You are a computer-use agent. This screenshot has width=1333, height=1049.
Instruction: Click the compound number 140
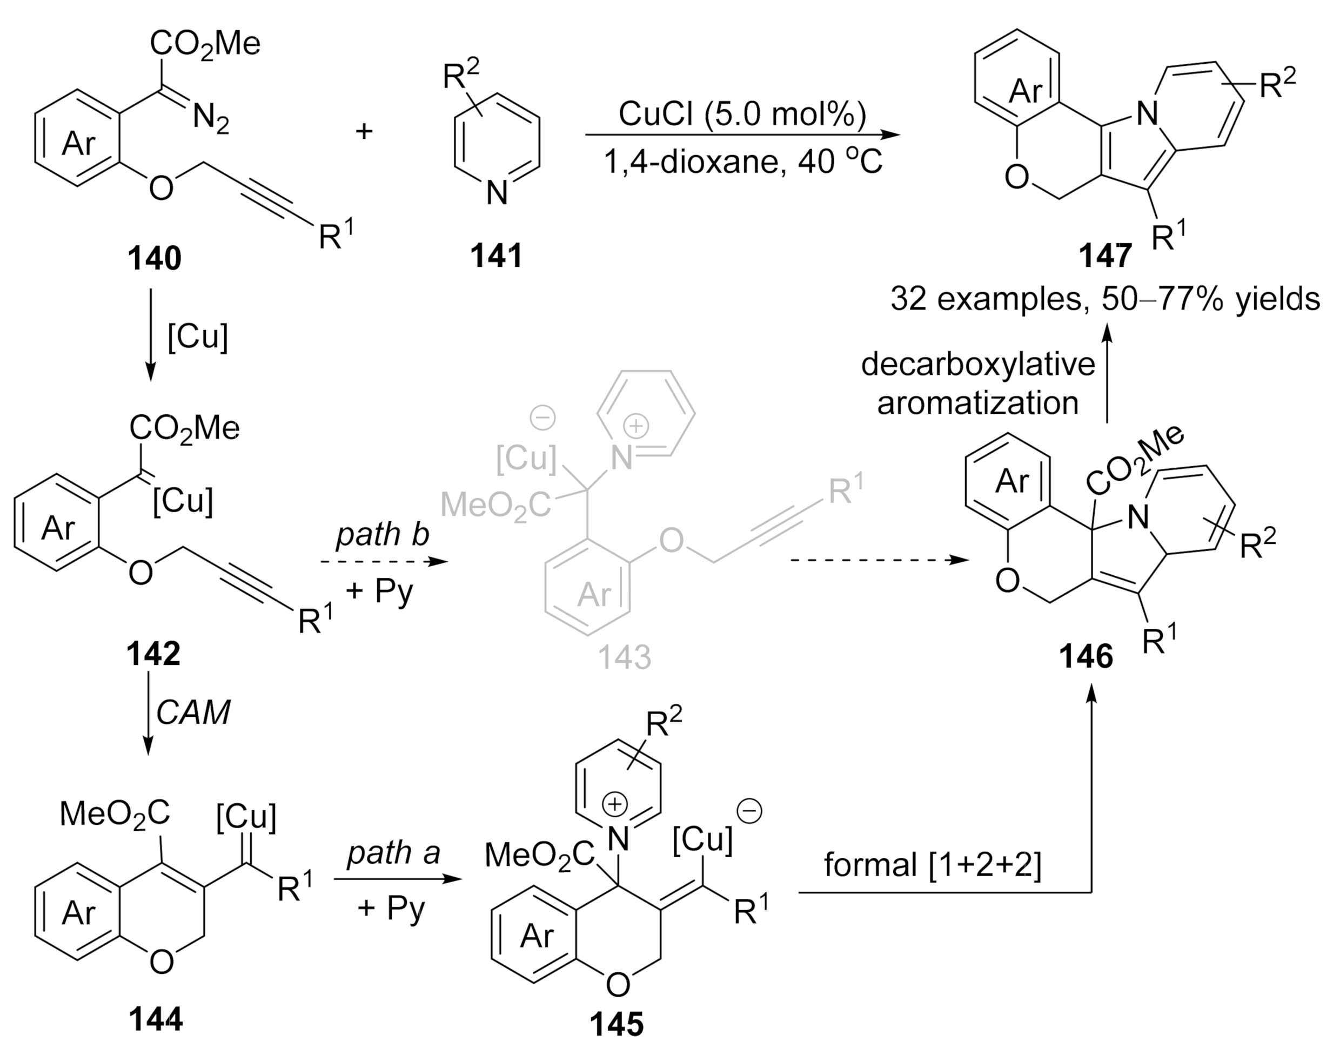pos(154,258)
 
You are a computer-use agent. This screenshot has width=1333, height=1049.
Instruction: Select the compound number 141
pos(497,255)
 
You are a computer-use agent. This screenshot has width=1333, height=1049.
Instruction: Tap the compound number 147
pos(1106,255)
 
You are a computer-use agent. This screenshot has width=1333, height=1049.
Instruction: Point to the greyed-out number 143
pos(624,658)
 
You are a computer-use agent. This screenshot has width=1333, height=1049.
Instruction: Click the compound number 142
pos(153,654)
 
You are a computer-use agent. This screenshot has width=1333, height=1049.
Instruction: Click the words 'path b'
pos(382,534)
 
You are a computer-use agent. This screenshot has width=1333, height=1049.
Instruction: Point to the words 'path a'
pos(394,852)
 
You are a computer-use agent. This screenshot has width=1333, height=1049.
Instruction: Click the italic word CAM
pos(193,712)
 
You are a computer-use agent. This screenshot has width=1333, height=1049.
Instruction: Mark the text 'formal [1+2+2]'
pos(933,865)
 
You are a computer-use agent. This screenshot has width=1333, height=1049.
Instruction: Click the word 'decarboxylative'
pos(978,365)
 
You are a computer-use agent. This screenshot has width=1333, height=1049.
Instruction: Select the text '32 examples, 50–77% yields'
pos(1105,299)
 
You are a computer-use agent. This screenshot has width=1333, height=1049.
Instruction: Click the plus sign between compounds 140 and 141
pos(364,131)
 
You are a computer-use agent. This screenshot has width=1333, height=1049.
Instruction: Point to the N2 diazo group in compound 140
pos(211,118)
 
